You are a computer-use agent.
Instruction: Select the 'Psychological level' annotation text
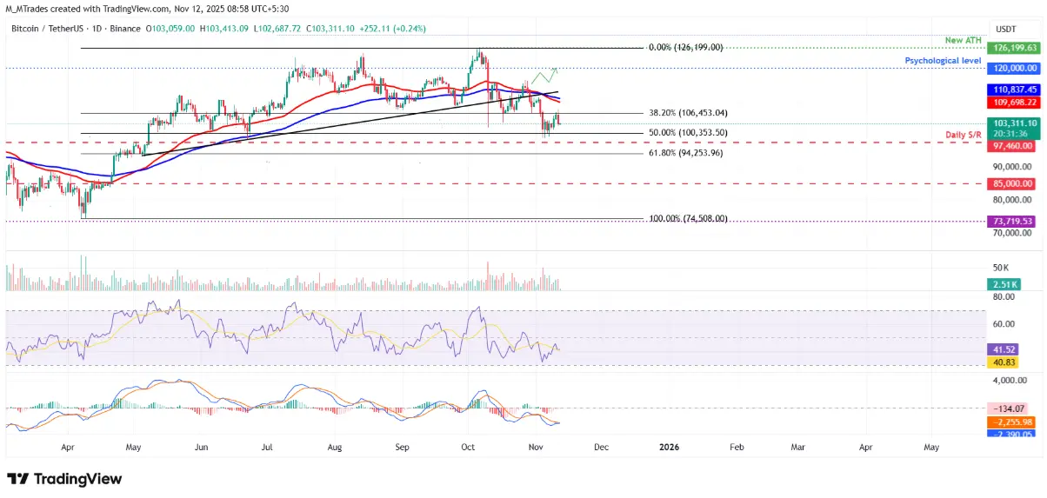click(x=943, y=61)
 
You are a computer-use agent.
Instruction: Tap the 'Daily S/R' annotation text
click(x=964, y=136)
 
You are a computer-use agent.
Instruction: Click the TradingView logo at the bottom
click(x=64, y=479)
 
